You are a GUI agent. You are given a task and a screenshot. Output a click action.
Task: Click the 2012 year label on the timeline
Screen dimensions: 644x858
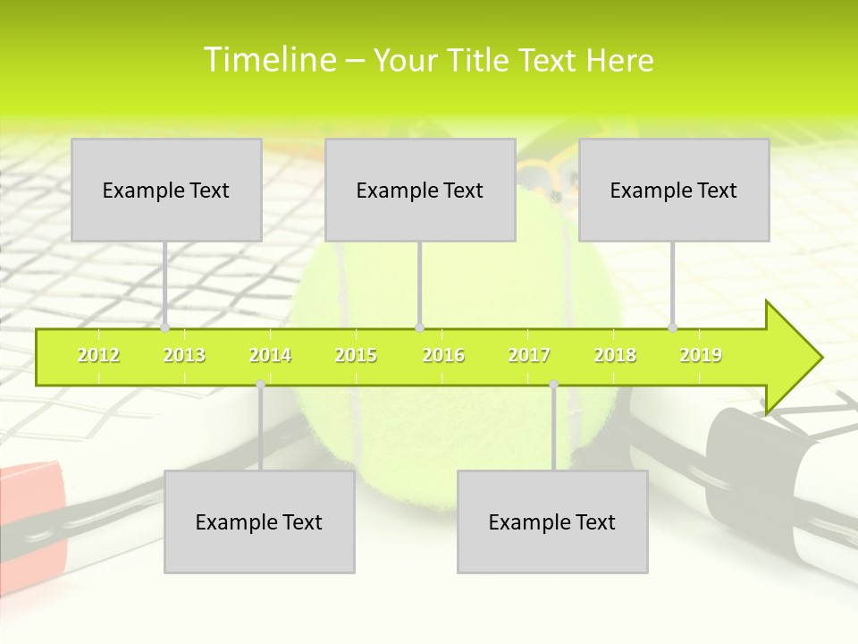coord(98,356)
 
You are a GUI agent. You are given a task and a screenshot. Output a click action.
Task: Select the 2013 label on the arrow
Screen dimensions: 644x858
coord(184,356)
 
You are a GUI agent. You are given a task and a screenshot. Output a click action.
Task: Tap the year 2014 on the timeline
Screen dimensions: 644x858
coord(270,356)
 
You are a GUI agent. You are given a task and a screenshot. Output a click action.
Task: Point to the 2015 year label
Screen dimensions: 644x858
coord(356,356)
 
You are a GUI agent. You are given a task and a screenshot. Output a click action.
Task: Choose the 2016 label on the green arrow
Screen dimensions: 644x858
coord(443,356)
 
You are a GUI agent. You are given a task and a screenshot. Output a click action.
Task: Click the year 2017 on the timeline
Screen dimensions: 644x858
coord(529,356)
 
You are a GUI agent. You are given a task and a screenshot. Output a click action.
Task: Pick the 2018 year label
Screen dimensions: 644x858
coord(615,356)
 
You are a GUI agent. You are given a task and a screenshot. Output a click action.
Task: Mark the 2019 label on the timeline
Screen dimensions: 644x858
coord(701,356)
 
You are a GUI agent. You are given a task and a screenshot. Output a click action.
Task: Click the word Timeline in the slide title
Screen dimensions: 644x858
coord(269,60)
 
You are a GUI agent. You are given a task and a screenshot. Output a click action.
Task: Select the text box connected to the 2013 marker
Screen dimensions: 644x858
coord(166,190)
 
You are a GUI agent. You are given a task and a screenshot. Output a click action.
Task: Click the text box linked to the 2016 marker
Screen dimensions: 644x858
coord(420,190)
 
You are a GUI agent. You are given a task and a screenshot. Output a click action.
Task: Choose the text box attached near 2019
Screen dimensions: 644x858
coord(674,190)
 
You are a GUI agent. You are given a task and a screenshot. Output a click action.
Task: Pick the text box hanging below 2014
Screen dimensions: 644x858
coord(259,521)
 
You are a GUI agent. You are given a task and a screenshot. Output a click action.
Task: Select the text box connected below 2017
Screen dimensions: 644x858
coord(552,521)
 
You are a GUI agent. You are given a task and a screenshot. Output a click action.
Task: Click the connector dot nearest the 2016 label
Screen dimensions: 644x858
coord(420,327)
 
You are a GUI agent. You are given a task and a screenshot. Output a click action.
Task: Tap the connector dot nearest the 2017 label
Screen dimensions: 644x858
coord(553,385)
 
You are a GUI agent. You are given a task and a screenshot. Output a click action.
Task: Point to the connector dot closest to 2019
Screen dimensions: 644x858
coord(673,327)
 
